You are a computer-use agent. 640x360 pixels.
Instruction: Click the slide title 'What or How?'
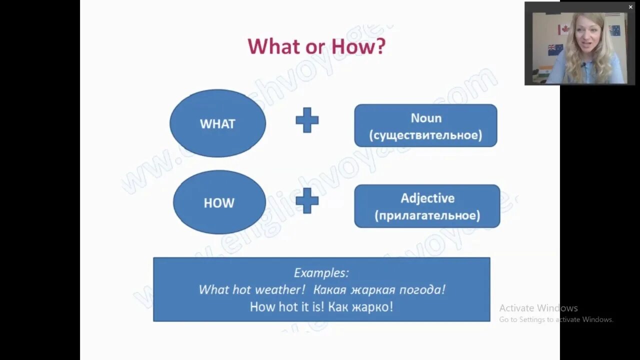pyautogui.click(x=316, y=46)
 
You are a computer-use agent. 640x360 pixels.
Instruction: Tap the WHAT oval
pyautogui.click(x=217, y=123)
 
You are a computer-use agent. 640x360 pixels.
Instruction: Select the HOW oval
pyautogui.click(x=219, y=202)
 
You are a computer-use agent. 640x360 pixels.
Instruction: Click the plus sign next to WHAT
pyautogui.click(x=307, y=120)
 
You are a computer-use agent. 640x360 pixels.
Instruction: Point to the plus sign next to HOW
pyautogui.click(x=307, y=201)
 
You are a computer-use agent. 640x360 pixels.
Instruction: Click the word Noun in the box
pyautogui.click(x=426, y=118)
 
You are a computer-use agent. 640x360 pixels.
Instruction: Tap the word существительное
pyautogui.click(x=425, y=135)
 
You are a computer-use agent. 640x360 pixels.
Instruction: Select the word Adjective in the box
pyautogui.click(x=427, y=198)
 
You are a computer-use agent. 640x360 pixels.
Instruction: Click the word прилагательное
pyautogui.click(x=427, y=215)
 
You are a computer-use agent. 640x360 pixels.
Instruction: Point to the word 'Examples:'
pyautogui.click(x=321, y=273)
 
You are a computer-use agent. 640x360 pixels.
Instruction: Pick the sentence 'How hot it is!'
pyautogui.click(x=287, y=306)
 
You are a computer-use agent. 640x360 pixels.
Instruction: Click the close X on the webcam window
pyautogui.click(x=630, y=7)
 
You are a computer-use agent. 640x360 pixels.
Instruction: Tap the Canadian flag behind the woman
pyautogui.click(x=563, y=29)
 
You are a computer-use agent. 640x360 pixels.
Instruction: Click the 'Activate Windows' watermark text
pyautogui.click(x=538, y=308)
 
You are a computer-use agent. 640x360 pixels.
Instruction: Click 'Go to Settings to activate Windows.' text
pyautogui.click(x=556, y=319)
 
